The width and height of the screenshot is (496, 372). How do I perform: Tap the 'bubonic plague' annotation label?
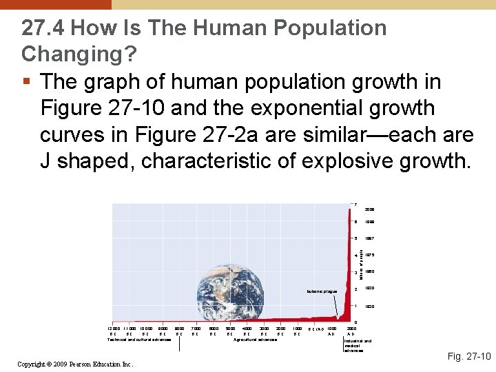click(323, 291)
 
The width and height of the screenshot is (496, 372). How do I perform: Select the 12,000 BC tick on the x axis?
click(111, 331)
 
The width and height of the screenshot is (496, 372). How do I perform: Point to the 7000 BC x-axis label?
click(196, 331)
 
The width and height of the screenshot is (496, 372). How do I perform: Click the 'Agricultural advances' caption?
click(256, 340)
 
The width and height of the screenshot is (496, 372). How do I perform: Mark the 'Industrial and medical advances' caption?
click(357, 345)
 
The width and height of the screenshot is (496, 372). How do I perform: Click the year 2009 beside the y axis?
click(369, 209)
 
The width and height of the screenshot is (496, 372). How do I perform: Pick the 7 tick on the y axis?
click(354, 203)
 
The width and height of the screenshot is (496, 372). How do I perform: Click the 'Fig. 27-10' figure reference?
click(469, 356)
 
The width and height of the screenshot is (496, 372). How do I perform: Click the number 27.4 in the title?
click(43, 28)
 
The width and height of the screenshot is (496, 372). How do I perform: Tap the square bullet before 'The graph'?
click(25, 82)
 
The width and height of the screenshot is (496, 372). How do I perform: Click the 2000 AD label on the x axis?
click(351, 331)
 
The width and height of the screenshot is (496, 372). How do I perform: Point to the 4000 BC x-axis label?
click(247, 331)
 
